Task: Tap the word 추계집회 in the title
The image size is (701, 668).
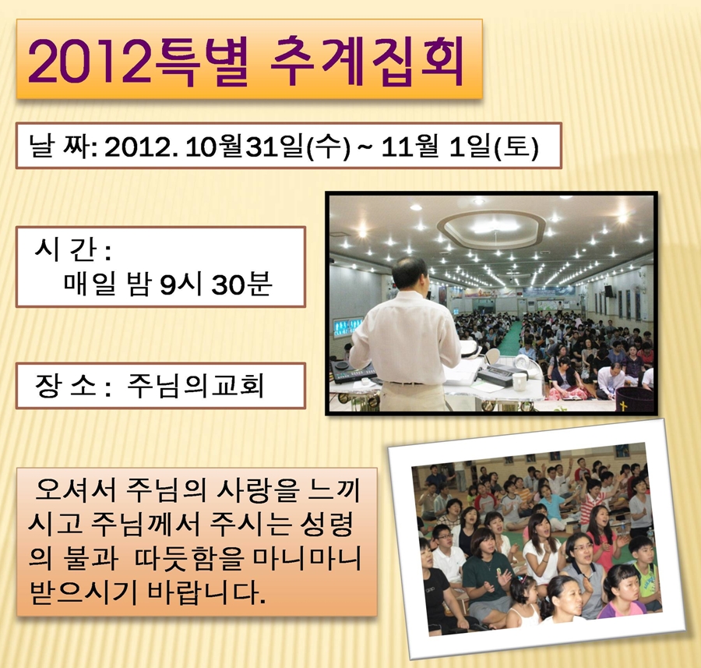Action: pos(367,62)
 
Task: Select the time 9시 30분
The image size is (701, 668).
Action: pos(216,283)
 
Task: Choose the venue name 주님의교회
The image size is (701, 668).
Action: pos(196,385)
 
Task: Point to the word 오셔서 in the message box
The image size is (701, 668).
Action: pos(76,490)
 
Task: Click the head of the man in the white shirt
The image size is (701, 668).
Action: pos(410,274)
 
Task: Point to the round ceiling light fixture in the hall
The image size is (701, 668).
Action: pos(491,228)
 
